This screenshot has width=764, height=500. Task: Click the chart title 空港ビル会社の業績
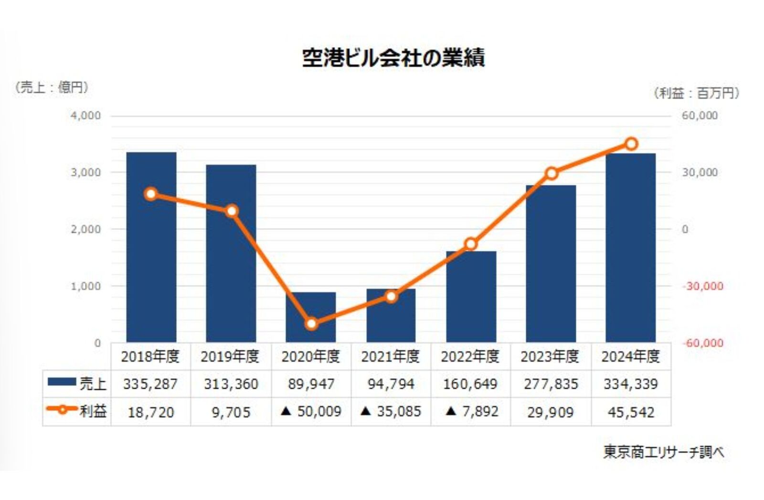(393, 58)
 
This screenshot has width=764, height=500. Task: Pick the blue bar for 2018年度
(151, 267)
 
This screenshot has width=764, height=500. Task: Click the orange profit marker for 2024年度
(631, 144)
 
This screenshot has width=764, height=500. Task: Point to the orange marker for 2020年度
(311, 324)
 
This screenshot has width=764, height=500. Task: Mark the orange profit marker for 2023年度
(552, 173)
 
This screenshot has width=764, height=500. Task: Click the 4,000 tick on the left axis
(86, 116)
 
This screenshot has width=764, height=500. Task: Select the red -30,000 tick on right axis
(702, 286)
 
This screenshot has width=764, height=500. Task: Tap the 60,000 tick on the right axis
(700, 116)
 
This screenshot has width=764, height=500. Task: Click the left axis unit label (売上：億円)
(52, 87)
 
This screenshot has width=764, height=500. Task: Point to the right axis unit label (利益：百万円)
(696, 93)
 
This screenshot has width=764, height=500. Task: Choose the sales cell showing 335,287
(150, 384)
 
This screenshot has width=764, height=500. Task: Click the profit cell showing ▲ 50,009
(311, 412)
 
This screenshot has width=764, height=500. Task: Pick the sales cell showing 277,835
(551, 384)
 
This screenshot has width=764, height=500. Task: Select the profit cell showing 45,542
(631, 412)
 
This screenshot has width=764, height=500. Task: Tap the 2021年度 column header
(390, 356)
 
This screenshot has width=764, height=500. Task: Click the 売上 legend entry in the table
(77, 384)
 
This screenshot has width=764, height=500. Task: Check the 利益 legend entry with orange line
(77, 411)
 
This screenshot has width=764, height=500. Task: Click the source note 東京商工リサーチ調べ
(663, 452)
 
